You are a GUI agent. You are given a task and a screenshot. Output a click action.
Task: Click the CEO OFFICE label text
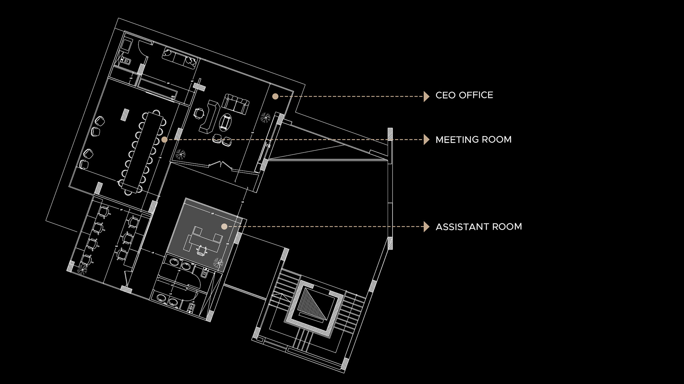[x=464, y=95]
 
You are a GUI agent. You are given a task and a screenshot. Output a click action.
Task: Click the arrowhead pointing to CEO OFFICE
[x=426, y=96]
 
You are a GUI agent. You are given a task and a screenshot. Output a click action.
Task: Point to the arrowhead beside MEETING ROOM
[x=426, y=140]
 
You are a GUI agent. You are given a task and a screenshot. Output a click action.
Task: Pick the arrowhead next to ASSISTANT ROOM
[x=426, y=226]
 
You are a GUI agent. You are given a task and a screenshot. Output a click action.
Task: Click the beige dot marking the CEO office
[x=275, y=96]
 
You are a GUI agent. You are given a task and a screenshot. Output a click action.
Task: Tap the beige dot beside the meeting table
[x=164, y=140]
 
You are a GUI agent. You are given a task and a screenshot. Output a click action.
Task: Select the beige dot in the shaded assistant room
[x=224, y=226]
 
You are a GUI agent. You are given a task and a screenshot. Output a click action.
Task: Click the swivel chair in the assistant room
[x=202, y=250]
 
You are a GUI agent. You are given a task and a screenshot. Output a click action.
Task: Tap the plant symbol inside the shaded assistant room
[x=218, y=263]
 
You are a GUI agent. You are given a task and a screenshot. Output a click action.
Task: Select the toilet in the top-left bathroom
[x=126, y=61]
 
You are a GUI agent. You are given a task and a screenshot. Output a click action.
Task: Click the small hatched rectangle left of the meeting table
[x=125, y=114]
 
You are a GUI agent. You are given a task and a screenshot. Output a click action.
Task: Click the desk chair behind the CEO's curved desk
[x=199, y=113]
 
